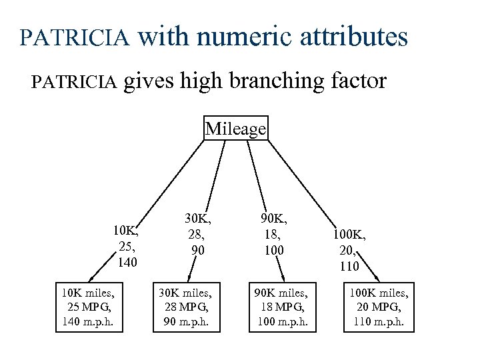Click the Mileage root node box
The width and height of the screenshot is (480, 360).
tap(235, 128)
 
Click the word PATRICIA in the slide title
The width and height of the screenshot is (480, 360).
tap(75, 37)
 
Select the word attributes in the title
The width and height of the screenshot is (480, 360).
tap(353, 37)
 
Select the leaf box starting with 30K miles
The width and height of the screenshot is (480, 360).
tap(185, 307)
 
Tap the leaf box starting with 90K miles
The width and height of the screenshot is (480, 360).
tap(282, 307)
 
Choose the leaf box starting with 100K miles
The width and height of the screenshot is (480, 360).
tap(379, 307)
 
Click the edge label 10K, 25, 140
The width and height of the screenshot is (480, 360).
tap(126, 246)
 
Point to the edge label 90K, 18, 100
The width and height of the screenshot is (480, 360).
tap(273, 234)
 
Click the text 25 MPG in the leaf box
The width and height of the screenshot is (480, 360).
tap(87, 307)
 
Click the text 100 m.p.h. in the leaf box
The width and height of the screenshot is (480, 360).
tap(282, 323)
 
